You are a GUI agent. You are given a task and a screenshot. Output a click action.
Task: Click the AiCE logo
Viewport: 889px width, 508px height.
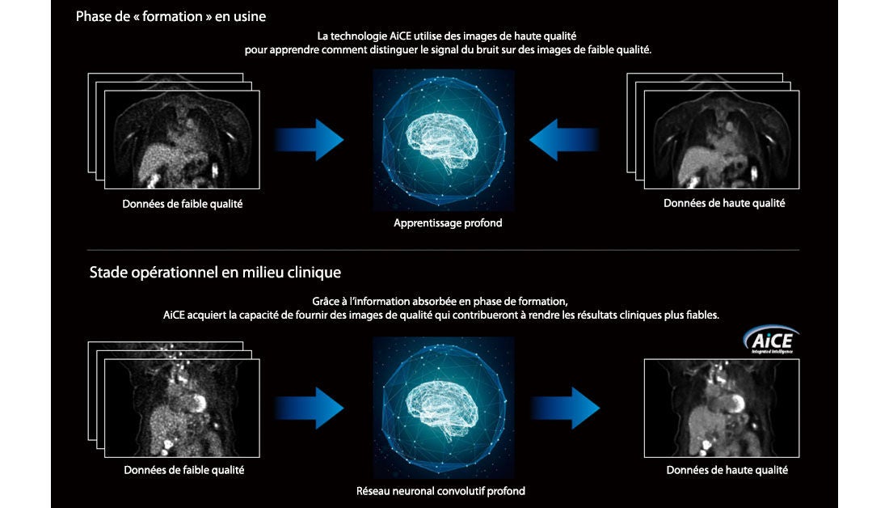pos(771,340)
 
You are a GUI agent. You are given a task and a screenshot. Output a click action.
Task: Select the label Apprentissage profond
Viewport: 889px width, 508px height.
pos(448,223)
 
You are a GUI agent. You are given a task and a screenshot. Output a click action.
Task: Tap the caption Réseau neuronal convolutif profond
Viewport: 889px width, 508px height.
pos(440,491)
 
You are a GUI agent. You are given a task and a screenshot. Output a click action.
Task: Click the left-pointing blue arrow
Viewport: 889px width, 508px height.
pos(564,140)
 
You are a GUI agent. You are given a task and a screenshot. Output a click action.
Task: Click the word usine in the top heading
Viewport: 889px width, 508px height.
pos(250,16)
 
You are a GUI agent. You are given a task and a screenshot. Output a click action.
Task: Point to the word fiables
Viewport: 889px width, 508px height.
pos(702,315)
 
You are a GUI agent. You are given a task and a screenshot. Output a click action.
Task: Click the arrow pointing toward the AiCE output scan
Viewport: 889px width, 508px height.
pos(565,408)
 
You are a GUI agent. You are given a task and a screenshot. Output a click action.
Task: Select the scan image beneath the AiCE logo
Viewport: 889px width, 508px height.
pos(722,409)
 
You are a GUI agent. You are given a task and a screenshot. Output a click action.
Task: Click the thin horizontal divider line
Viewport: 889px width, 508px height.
pos(443,250)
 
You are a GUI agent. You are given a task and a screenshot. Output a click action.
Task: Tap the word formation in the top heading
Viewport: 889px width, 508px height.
pos(172,16)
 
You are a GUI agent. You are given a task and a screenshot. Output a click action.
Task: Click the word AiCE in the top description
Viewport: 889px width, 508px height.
pos(400,36)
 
